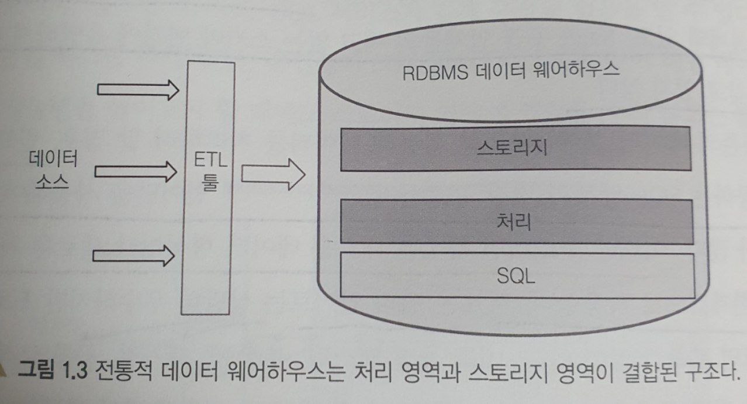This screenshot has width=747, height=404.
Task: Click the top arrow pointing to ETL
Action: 138,89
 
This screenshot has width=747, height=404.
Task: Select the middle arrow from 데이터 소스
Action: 136,171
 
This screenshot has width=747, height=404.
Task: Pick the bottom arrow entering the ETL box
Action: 136,254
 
